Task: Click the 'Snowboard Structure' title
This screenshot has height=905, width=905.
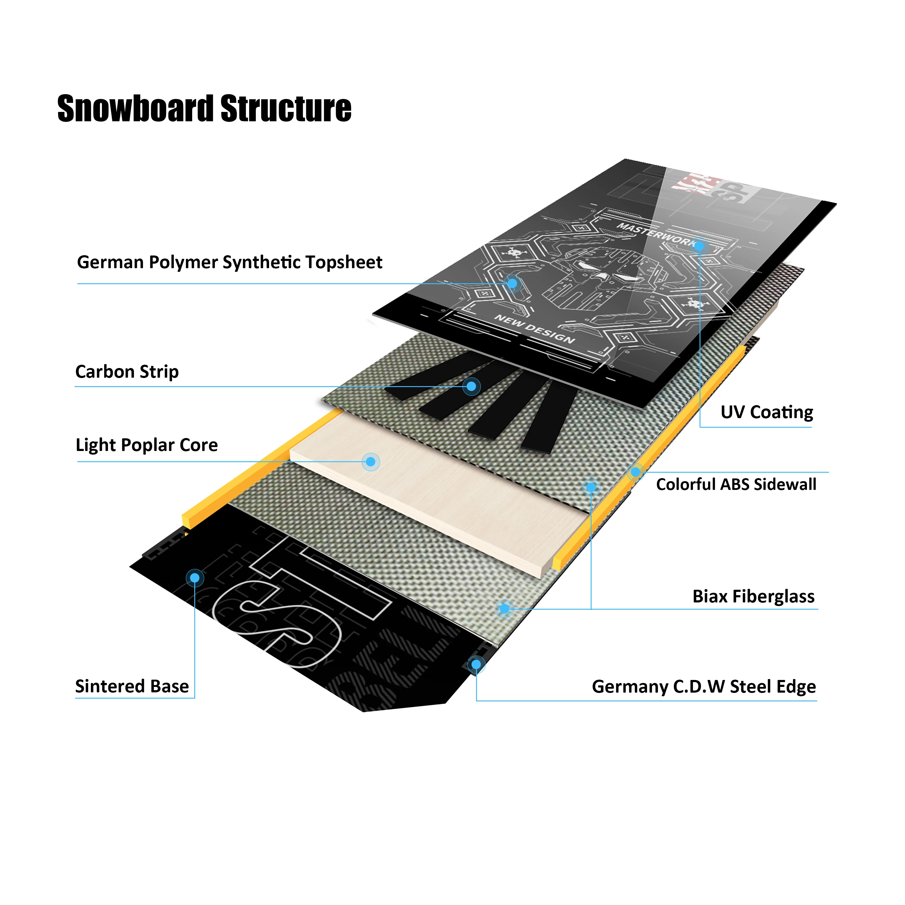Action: click(x=204, y=108)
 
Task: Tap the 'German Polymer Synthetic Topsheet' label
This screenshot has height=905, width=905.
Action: click(x=230, y=262)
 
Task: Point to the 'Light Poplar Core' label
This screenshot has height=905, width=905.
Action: click(x=147, y=445)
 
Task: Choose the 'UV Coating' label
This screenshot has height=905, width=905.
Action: click(x=766, y=412)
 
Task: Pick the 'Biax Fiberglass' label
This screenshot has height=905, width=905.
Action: click(x=753, y=596)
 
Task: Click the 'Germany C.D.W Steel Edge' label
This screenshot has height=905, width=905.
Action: click(x=703, y=686)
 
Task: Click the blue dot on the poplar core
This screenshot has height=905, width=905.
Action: click(x=370, y=462)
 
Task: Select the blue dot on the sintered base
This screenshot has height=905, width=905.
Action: click(x=195, y=578)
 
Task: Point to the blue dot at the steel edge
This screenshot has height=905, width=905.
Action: click(x=476, y=664)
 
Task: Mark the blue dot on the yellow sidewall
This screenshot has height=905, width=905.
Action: click(x=635, y=472)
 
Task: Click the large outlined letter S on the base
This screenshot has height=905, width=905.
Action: click(x=276, y=618)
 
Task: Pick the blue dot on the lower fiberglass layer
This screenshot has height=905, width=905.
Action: click(x=504, y=608)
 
